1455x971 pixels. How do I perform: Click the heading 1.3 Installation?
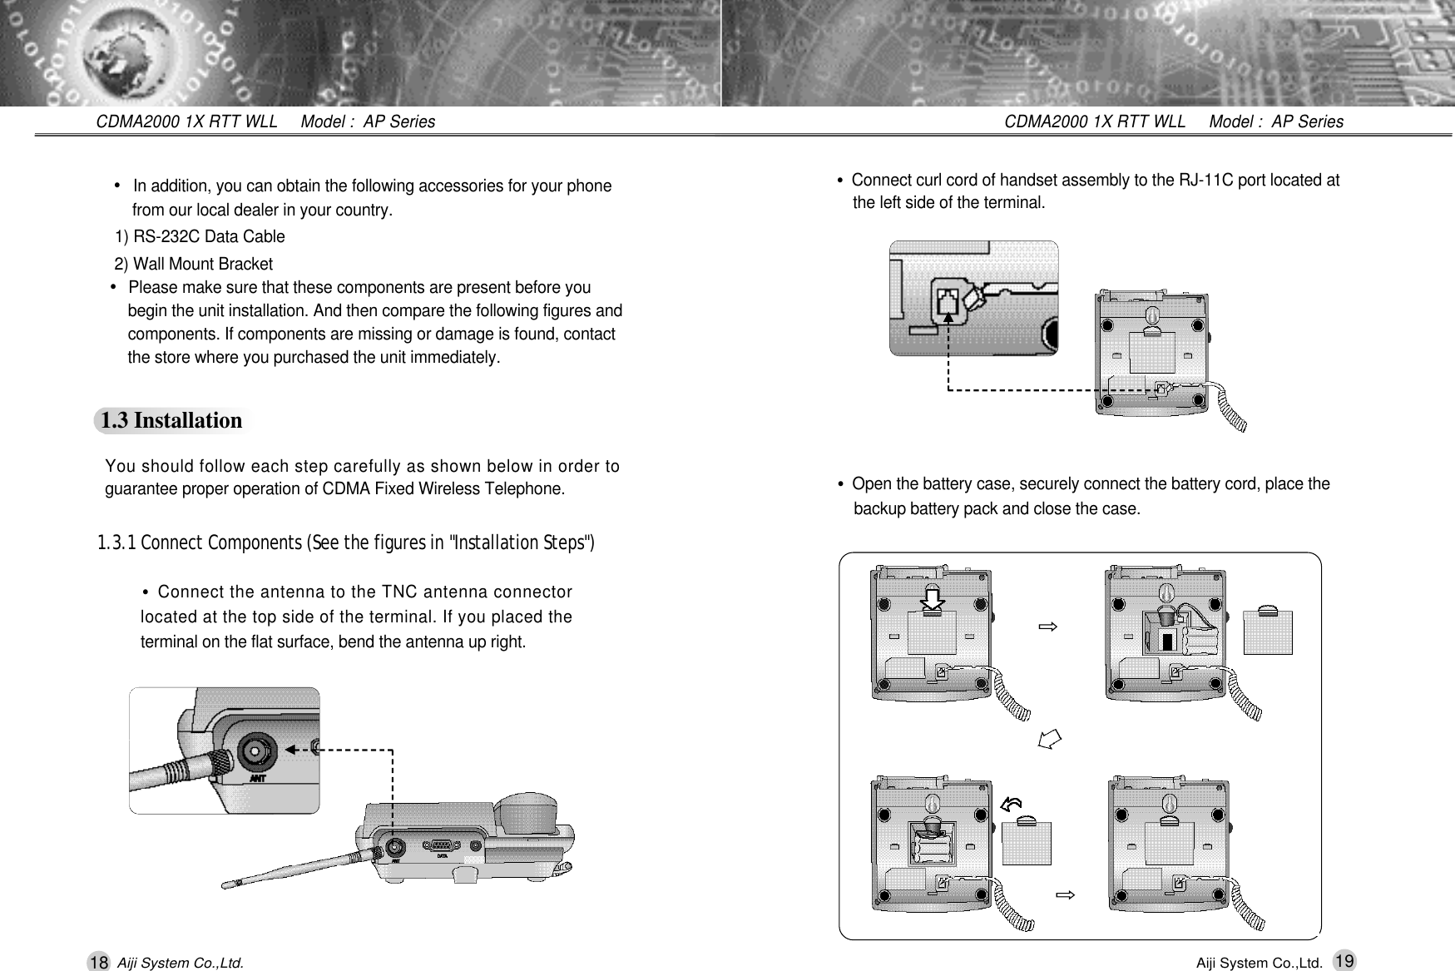tap(171, 421)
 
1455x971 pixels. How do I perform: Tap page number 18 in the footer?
tap(98, 963)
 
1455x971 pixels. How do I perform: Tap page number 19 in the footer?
tap(1342, 961)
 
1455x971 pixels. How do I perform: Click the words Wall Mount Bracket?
tap(203, 265)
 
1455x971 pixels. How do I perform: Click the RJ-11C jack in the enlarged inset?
tap(948, 304)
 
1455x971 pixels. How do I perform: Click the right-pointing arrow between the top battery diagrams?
tap(1047, 626)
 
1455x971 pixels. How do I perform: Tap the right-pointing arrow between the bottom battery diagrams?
tap(1065, 895)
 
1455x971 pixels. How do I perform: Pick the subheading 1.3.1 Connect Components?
tap(345, 544)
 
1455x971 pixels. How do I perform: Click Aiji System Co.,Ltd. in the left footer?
tap(181, 964)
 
